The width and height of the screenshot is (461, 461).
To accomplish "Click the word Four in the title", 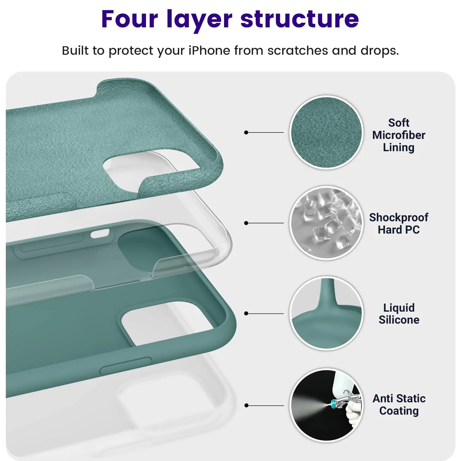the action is [129, 19].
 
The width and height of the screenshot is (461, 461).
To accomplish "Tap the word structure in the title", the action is [300, 19].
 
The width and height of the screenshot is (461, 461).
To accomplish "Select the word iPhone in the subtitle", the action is [209, 50].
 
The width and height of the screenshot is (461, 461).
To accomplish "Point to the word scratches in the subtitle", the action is [297, 51].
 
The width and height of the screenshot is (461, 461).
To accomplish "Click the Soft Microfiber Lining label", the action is [399, 135].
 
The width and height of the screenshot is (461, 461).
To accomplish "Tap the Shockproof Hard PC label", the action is [399, 223].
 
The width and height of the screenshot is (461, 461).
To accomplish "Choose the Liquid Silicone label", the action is [399, 313].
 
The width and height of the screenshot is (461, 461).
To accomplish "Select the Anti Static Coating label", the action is [399, 404].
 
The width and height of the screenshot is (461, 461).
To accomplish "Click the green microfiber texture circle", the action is [326, 132].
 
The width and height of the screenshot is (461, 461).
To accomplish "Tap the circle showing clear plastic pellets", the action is [326, 223].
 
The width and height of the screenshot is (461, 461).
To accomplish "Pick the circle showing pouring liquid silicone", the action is [326, 313].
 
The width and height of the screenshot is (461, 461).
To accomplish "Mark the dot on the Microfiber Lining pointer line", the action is [246, 132].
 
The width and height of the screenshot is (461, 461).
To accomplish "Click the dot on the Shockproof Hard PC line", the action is [246, 223].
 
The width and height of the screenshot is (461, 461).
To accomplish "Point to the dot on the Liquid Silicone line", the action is [246, 313].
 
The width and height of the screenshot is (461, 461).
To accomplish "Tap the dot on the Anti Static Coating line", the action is [246, 405].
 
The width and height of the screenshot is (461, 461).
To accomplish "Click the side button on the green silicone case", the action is [126, 365].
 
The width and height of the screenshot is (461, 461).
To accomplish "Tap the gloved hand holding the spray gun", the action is [353, 413].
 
